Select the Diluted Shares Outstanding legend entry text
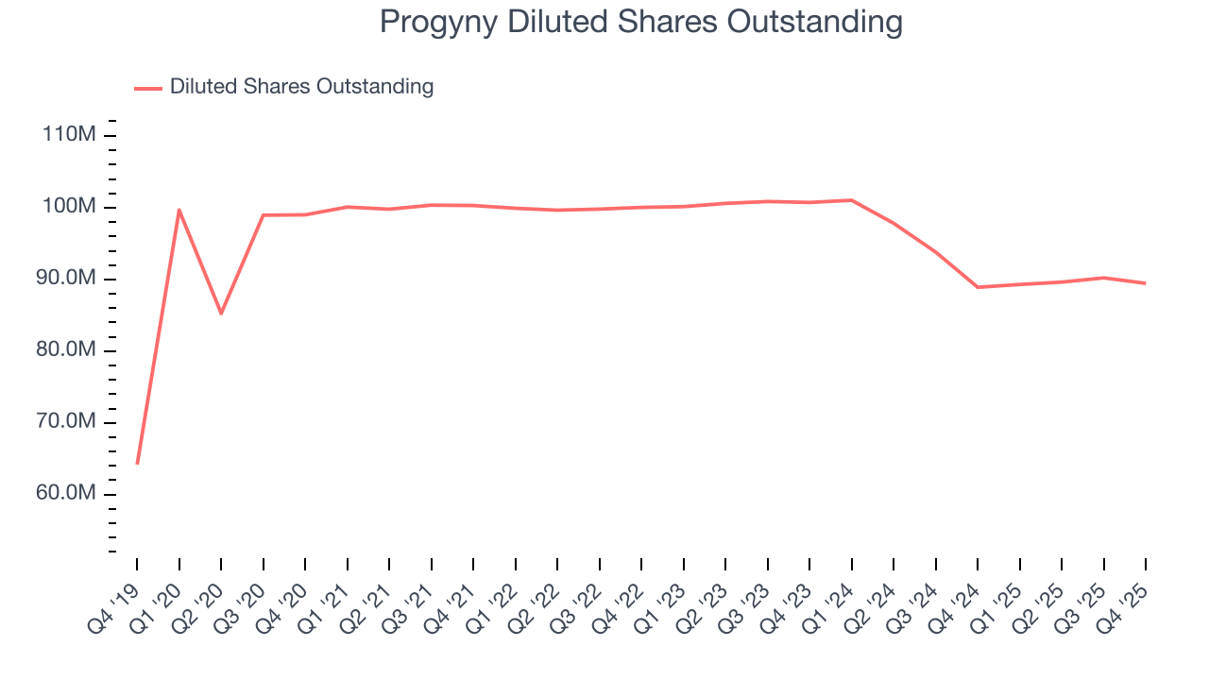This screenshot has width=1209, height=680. (301, 87)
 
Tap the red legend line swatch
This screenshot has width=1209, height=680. (148, 88)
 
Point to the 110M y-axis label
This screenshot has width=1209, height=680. (69, 135)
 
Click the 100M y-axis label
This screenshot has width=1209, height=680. (69, 207)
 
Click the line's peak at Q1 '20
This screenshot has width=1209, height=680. (179, 210)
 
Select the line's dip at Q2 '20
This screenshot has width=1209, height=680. (221, 314)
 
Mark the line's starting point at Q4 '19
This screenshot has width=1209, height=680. (137, 464)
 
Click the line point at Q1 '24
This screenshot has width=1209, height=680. (851, 200)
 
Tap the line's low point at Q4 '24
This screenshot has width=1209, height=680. (978, 287)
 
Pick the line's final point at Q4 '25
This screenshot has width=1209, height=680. (1146, 283)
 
